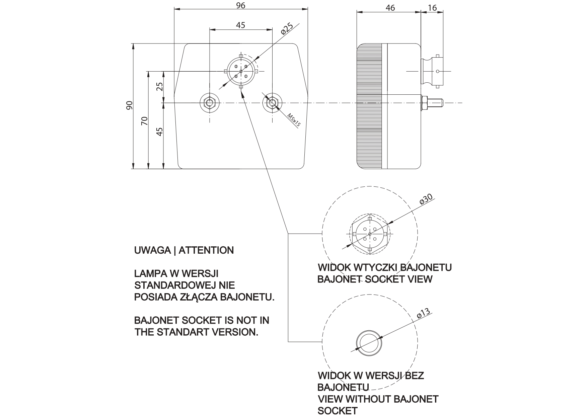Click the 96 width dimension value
click(241, 5)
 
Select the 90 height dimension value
click(130, 105)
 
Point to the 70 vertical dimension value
click(144, 121)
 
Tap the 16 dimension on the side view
click(432, 8)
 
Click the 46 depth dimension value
click(390, 8)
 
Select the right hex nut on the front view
click(273, 102)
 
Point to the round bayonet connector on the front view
click(241, 71)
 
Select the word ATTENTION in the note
click(206, 250)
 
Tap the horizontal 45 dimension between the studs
click(240, 25)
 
